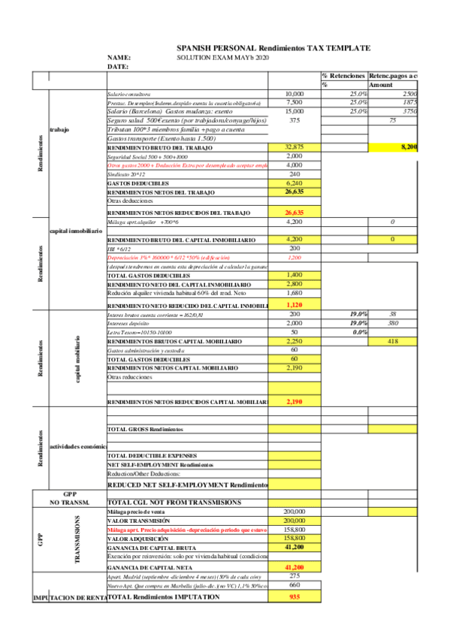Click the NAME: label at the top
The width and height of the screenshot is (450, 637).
[x=119, y=57]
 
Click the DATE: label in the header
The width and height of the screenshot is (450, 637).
[x=118, y=66]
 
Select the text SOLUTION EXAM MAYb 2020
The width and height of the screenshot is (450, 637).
[x=222, y=57]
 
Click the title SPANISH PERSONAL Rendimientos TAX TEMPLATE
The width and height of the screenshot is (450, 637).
[x=273, y=47]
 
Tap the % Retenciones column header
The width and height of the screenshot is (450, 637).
[x=343, y=76]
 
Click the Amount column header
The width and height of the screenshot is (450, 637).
[x=381, y=85]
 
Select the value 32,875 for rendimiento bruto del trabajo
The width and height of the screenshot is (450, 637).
[x=294, y=147]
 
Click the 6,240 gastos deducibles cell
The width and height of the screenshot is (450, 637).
[x=294, y=183]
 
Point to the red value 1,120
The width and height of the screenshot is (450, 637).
[x=294, y=306]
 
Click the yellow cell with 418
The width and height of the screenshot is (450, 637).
[x=391, y=341]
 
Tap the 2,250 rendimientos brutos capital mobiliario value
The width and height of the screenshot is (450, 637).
[x=294, y=341]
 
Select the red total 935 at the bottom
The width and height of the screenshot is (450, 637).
[x=294, y=596]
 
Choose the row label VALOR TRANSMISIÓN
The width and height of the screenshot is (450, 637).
[x=140, y=520]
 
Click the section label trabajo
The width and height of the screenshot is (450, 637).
[x=60, y=129]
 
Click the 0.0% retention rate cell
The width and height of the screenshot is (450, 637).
[x=359, y=332]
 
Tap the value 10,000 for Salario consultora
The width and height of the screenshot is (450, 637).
[x=294, y=94]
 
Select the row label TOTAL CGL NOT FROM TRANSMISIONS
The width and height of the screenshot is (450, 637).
[x=174, y=501]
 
